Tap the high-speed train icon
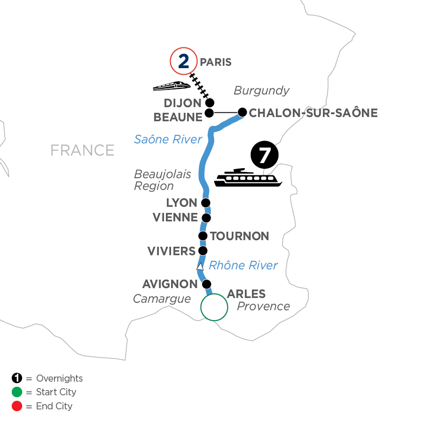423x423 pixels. [x=172, y=86]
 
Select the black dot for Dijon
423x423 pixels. [x=210, y=102]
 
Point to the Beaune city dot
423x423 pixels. [x=210, y=113]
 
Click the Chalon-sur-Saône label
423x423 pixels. [x=313, y=113]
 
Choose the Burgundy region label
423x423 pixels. [x=261, y=90]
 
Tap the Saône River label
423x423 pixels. [x=168, y=139]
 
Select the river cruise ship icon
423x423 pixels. [x=248, y=178]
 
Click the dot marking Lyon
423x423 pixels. [x=205, y=203]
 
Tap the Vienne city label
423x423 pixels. [x=175, y=218]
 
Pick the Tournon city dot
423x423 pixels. [x=203, y=236]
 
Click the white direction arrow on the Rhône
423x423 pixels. [x=200, y=266]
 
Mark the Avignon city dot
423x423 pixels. [x=206, y=284]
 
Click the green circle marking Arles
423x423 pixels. [x=214, y=307]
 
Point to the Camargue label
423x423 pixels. [x=162, y=299]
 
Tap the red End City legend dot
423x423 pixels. [x=17, y=406]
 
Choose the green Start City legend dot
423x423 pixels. [x=17, y=392]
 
